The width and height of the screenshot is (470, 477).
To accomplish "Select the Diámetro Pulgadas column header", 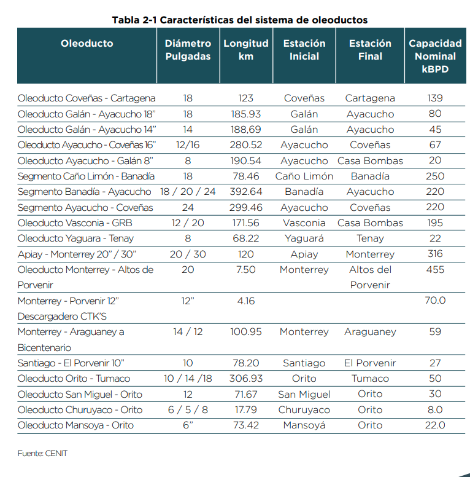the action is point(188,50).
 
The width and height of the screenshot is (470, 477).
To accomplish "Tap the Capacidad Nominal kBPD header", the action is point(435,56).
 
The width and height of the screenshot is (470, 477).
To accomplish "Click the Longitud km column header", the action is point(246,50).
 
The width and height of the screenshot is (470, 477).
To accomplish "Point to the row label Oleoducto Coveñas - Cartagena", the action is point(87,98).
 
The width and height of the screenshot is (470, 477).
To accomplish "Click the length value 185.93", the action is point(246,114).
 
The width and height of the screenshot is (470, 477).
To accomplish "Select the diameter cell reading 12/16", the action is point(188,145).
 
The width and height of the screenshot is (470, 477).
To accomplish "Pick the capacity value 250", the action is point(435,176).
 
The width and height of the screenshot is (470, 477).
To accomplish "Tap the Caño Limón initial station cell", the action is point(304,176).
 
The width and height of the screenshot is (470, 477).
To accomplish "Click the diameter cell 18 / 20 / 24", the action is point(188,192).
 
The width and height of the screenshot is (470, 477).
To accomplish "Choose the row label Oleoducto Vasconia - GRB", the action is point(75,223).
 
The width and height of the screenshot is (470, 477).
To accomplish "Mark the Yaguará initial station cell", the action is point(304,238).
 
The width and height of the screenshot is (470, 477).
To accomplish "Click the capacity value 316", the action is point(435,254).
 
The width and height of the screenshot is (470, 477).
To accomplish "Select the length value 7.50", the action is point(246,269).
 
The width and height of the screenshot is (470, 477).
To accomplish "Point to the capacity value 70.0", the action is point(435,301).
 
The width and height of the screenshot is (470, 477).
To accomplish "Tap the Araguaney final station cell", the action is point(370,332).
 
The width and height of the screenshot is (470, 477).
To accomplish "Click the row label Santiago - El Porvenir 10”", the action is point(71,363).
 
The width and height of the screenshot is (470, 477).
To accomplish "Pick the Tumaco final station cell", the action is point(370,379).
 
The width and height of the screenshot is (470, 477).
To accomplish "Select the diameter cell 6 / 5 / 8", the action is point(188,410).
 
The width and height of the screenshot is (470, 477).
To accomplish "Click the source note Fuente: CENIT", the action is point(42,453).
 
